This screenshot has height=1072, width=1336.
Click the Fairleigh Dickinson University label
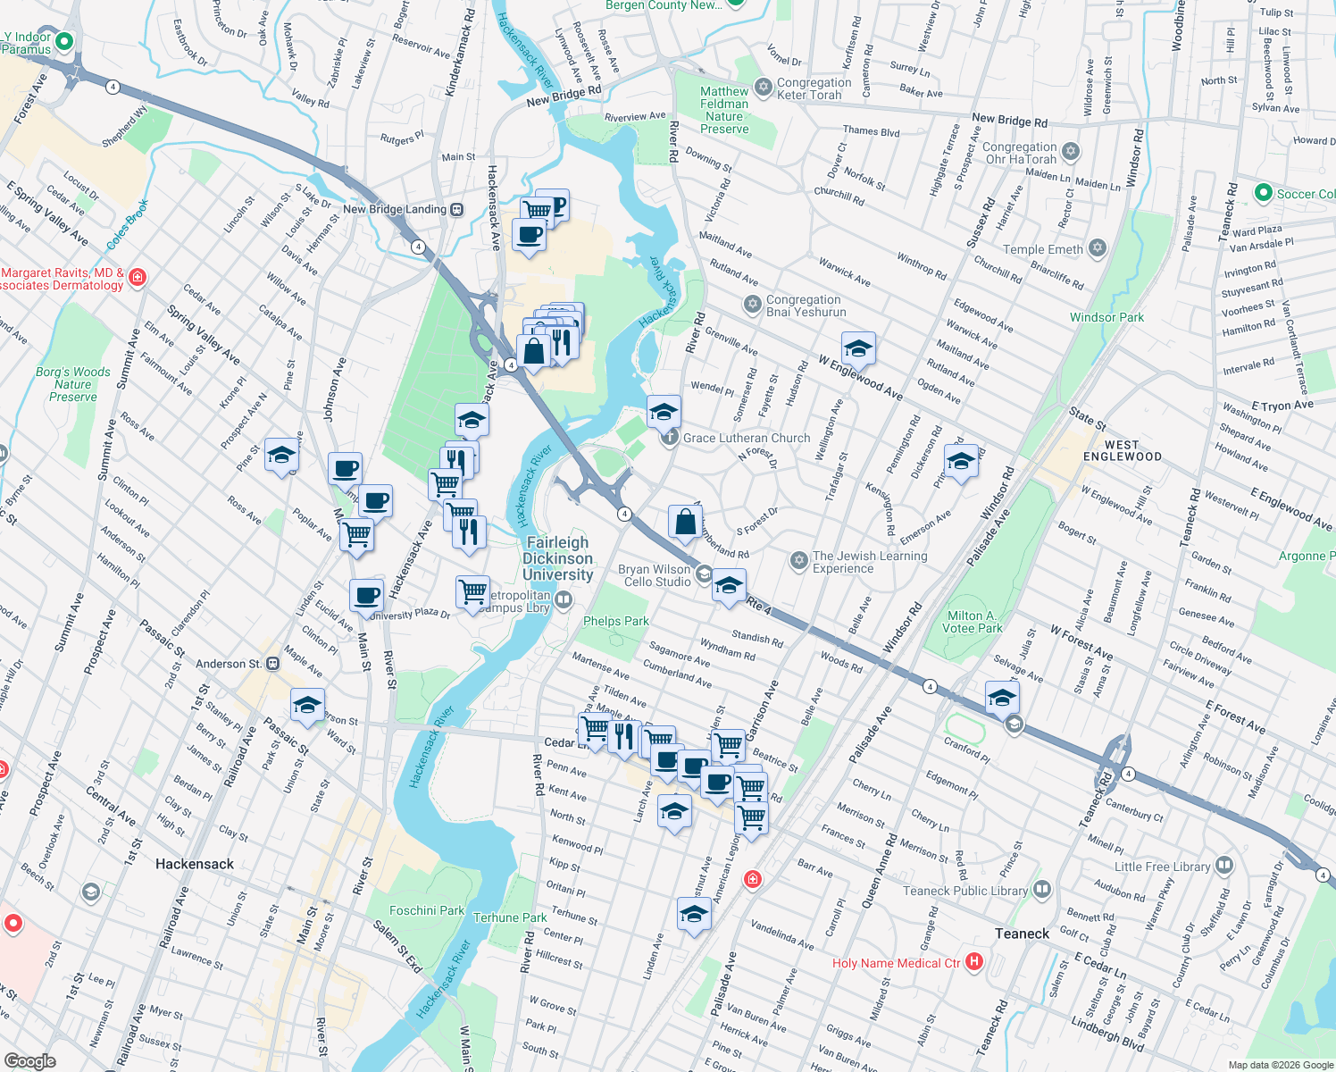coord(557,558)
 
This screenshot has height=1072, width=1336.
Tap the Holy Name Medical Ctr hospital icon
coord(974,962)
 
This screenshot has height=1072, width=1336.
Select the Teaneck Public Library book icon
coord(1041,890)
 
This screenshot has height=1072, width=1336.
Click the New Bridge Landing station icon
coord(457,209)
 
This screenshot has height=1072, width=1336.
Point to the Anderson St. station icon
coord(272,663)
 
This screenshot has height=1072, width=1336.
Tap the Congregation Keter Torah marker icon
coord(763,87)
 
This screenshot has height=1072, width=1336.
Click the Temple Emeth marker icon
coord(1098,248)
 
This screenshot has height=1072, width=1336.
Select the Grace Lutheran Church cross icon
coord(670,438)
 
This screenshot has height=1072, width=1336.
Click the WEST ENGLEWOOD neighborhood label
coord(1122,450)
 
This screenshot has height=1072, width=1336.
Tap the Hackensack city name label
coord(194,864)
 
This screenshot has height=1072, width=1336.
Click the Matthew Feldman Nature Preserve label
coord(724,110)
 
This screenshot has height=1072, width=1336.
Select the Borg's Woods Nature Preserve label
coord(73,384)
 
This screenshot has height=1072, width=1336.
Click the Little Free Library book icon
coord(1224,865)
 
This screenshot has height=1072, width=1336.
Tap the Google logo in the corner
coord(29,1060)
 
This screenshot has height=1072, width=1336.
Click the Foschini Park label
coord(427,910)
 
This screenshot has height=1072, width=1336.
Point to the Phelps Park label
coord(615,621)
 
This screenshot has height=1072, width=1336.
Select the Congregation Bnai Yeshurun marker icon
coord(753,305)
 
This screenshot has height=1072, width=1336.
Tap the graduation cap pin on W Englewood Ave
coord(858,348)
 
